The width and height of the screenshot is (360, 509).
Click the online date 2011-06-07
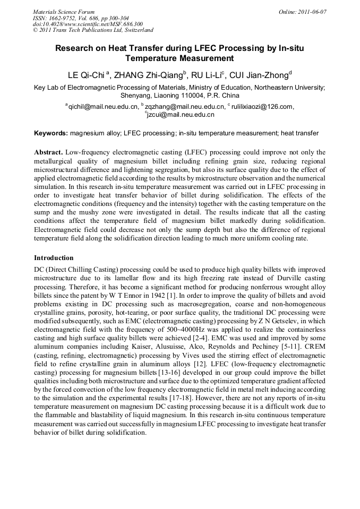click(x=312, y=11)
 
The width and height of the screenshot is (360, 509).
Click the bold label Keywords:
click(x=51, y=132)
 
